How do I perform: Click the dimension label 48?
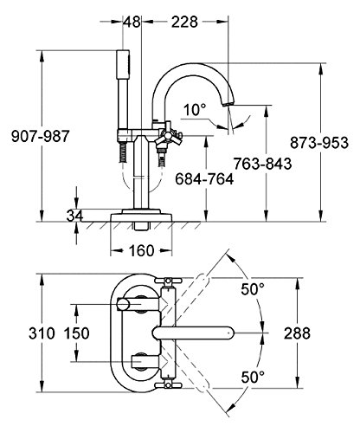point(132,22)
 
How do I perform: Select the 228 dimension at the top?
point(184,22)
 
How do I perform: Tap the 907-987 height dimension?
point(41,136)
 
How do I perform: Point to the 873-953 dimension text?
point(319,143)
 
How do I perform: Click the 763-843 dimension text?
point(262,164)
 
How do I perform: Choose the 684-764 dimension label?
point(204,179)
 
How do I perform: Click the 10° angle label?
point(195,110)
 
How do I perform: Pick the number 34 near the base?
point(74,216)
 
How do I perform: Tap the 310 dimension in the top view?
point(42,333)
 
